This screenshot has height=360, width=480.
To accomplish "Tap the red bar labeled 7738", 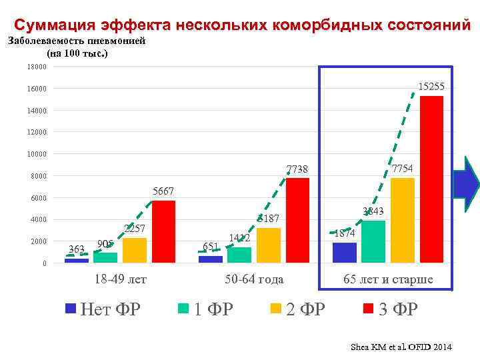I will pos(297,220).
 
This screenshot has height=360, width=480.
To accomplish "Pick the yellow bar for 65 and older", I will pos(403,220).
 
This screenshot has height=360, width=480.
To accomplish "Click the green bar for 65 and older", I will pos(373,241).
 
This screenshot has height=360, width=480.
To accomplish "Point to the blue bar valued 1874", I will pos(344,253).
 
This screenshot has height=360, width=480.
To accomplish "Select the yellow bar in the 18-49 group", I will pos(135,250).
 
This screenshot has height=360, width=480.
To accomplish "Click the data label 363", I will pos(77,249).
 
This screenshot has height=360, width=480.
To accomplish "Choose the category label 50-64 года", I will pos(254,279).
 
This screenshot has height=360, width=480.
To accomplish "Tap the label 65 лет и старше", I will pos(388,279).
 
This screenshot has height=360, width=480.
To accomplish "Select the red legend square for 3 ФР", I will pos(367,308).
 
